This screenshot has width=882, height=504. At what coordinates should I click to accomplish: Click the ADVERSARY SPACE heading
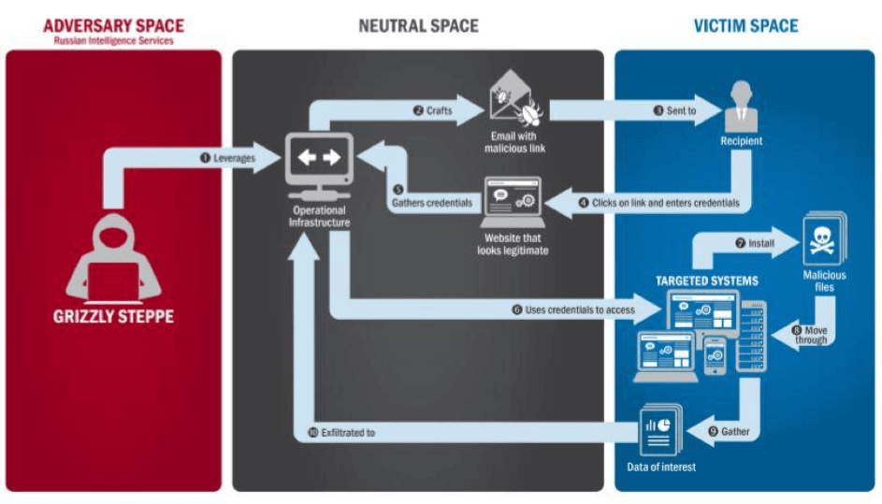[113, 26]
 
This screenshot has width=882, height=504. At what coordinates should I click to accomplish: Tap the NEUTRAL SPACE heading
[418, 26]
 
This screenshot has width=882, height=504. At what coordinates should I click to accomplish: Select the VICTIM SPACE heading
[745, 26]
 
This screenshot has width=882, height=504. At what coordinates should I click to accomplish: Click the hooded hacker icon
[113, 258]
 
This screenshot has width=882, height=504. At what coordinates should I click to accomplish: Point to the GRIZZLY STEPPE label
[113, 317]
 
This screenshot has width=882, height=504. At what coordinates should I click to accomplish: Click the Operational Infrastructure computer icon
[320, 166]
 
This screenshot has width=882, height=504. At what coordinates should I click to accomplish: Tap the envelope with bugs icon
[515, 98]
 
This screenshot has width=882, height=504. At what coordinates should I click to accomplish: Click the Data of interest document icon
[661, 429]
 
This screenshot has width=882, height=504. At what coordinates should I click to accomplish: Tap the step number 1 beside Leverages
[206, 158]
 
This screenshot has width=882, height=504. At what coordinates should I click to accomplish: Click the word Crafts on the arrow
[440, 111]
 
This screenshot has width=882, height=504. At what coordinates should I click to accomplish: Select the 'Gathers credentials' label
[432, 203]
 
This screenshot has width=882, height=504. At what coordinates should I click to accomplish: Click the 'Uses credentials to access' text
[580, 310]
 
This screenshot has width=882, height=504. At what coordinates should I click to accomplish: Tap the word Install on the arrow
[761, 243]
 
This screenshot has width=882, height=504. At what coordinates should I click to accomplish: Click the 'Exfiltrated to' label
[348, 433]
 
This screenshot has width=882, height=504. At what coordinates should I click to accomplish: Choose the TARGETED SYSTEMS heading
[706, 281]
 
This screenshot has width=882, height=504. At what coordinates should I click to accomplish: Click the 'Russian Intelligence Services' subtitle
[113, 41]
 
